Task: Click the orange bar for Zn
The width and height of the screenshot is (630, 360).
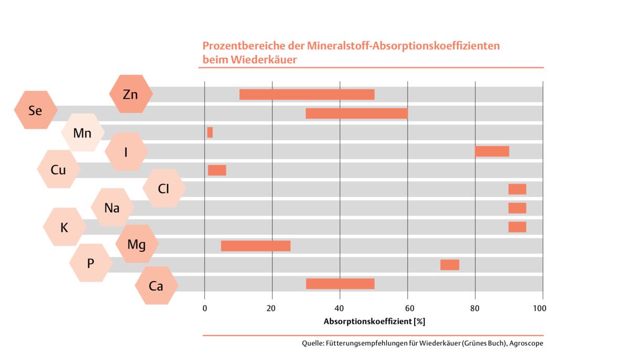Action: [307, 95]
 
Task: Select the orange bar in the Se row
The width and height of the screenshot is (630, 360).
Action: [356, 114]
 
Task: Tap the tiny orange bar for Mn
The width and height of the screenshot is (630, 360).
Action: [210, 132]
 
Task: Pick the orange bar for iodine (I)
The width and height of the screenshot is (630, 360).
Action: [492, 151]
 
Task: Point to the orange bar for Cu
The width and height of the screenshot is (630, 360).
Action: [217, 170]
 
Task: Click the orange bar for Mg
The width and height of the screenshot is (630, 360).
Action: [255, 246]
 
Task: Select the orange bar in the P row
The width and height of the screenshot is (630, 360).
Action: [450, 265]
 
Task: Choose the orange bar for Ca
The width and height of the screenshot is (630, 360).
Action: [340, 284]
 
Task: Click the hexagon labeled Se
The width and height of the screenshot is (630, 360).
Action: [35, 110]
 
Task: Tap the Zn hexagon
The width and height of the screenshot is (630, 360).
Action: [131, 95]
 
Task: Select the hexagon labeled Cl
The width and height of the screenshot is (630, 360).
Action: [164, 188]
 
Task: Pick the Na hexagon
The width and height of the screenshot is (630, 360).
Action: [112, 208]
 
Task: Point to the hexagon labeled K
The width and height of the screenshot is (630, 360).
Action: [64, 228]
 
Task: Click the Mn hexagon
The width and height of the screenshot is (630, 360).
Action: [82, 133]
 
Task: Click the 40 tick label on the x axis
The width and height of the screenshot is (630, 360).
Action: [340, 308]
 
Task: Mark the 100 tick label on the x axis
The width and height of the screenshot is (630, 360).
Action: [540, 308]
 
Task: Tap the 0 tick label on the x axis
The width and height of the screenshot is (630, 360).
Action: [204, 308]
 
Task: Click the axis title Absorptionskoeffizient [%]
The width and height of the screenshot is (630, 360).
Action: [374, 321]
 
